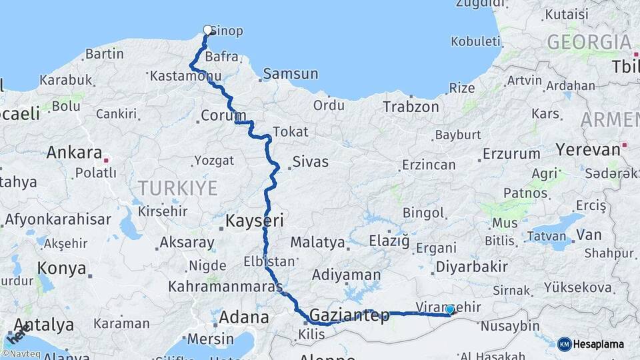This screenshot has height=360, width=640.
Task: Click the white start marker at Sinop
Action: coord(208,30)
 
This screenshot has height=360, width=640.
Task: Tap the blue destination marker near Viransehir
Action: coord(450,309)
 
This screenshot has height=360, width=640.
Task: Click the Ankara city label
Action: coord(74,153)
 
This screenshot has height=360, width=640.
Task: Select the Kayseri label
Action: coord(255,220)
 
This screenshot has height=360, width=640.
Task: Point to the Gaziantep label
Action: coord(349,316)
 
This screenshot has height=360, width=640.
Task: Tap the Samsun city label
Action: coord(291,74)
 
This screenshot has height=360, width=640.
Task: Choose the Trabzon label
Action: coord(411,107)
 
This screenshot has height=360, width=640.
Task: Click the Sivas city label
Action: coord(311,161)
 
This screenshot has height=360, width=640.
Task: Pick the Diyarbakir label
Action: coord(471,267)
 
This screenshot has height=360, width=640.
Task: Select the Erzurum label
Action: coord(511,154)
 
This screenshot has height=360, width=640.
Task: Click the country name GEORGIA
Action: coord(589,42)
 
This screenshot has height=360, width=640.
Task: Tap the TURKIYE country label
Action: coord(178,188)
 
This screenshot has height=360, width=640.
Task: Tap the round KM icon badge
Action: coord(565,344)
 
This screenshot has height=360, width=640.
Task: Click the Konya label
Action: coord(61,269)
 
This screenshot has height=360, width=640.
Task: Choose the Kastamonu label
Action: coord(185,77)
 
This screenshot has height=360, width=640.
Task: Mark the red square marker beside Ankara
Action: coord(105,160)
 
